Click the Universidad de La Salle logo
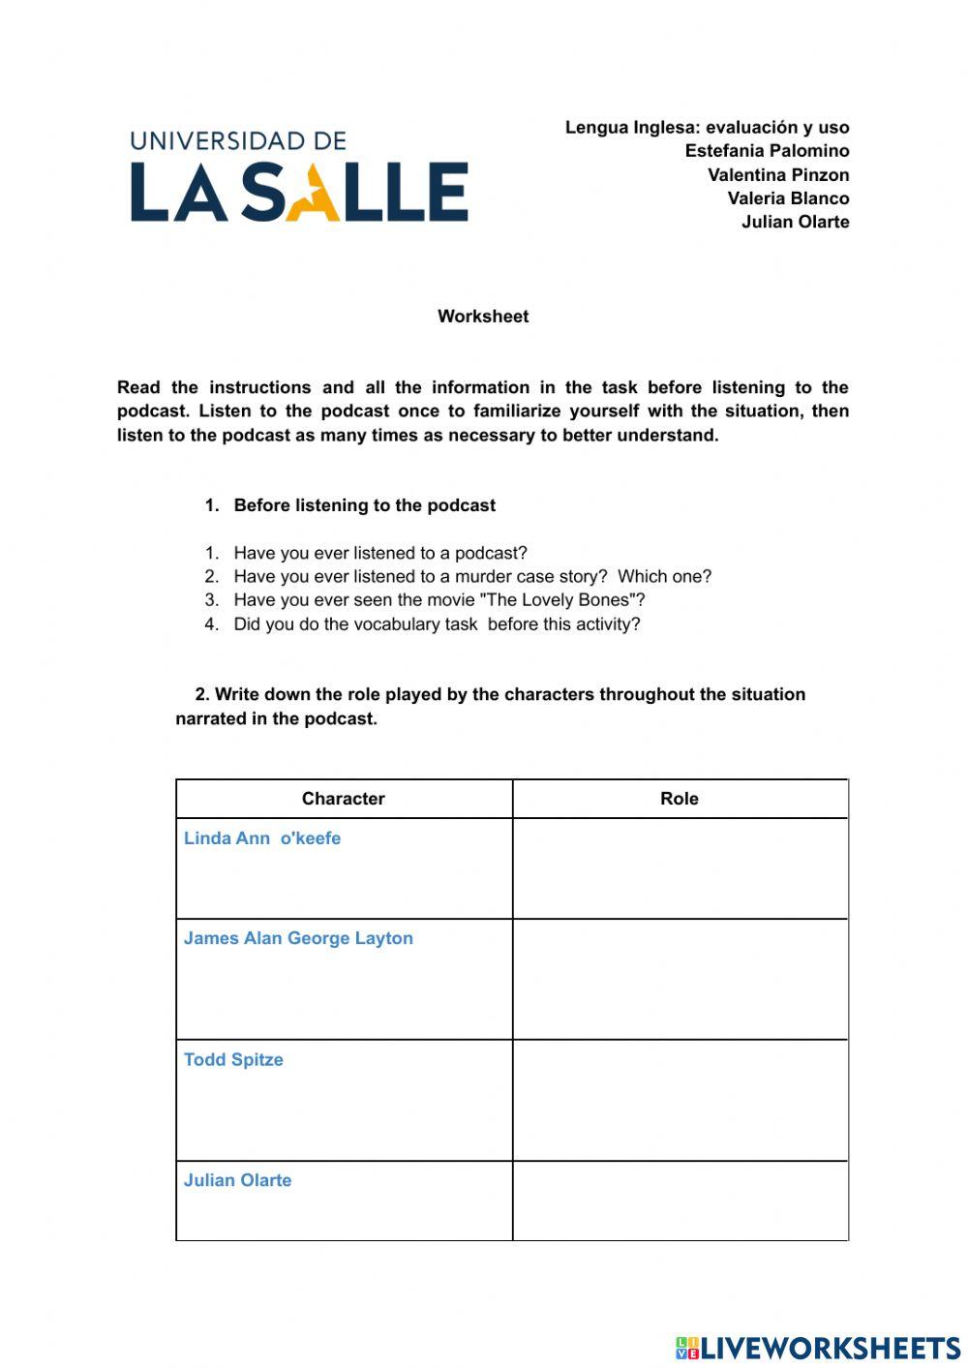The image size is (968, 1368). click(x=299, y=178)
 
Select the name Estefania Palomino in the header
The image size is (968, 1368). click(x=767, y=151)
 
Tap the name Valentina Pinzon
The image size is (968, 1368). click(x=778, y=175)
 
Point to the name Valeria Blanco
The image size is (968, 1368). click(x=788, y=198)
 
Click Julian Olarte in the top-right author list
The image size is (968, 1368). click(x=795, y=222)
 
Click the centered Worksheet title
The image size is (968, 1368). click(x=483, y=317)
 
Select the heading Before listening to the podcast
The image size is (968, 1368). click(x=364, y=505)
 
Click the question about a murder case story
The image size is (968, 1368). click(x=471, y=577)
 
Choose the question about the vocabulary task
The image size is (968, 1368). click(x=437, y=624)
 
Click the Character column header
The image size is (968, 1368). click(x=343, y=799)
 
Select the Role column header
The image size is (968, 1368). click(x=679, y=799)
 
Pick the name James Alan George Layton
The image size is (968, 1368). click(x=298, y=938)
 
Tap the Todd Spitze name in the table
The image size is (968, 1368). click(x=233, y=1060)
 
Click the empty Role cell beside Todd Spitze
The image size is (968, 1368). click(x=680, y=1100)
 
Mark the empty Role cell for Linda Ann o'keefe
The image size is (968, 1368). click(x=680, y=868)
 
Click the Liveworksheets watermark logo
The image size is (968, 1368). click(x=818, y=1348)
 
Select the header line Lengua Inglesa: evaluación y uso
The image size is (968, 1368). click(x=707, y=128)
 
